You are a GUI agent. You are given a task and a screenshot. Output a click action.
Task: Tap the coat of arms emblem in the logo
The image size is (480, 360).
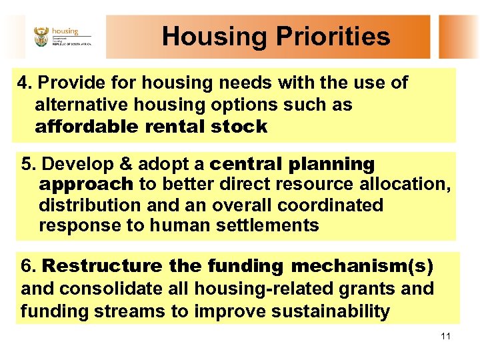pos(41,37)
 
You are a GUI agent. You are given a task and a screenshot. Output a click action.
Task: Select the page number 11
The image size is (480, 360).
pos(445,335)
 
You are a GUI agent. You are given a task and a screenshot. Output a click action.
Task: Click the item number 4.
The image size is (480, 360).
pos(25,83)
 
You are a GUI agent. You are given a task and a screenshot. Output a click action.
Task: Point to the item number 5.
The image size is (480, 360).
pos(28,164)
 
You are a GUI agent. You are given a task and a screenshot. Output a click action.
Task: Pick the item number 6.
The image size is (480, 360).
pos(28,267)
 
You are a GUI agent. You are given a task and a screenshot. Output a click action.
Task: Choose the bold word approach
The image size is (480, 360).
pos(86,185)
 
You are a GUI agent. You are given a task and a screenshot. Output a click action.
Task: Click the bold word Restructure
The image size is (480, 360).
pos(101,267)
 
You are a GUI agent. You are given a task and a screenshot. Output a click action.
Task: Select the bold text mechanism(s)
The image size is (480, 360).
pos(362,267)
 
